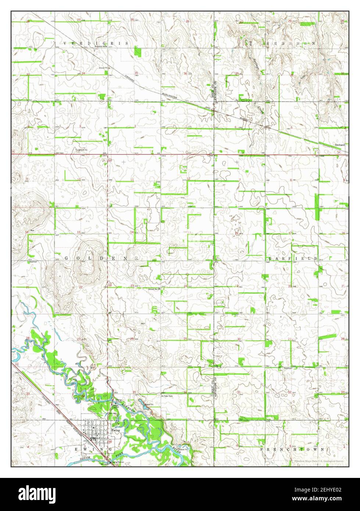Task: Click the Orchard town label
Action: coord(340,145)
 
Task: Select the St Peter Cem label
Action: coord(166,396)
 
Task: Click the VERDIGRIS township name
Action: coord(96,43)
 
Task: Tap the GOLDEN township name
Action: coord(96,258)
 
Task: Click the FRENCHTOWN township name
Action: coord(292,449)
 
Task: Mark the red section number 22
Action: coord(80,286)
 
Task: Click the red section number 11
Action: coord(132,179)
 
